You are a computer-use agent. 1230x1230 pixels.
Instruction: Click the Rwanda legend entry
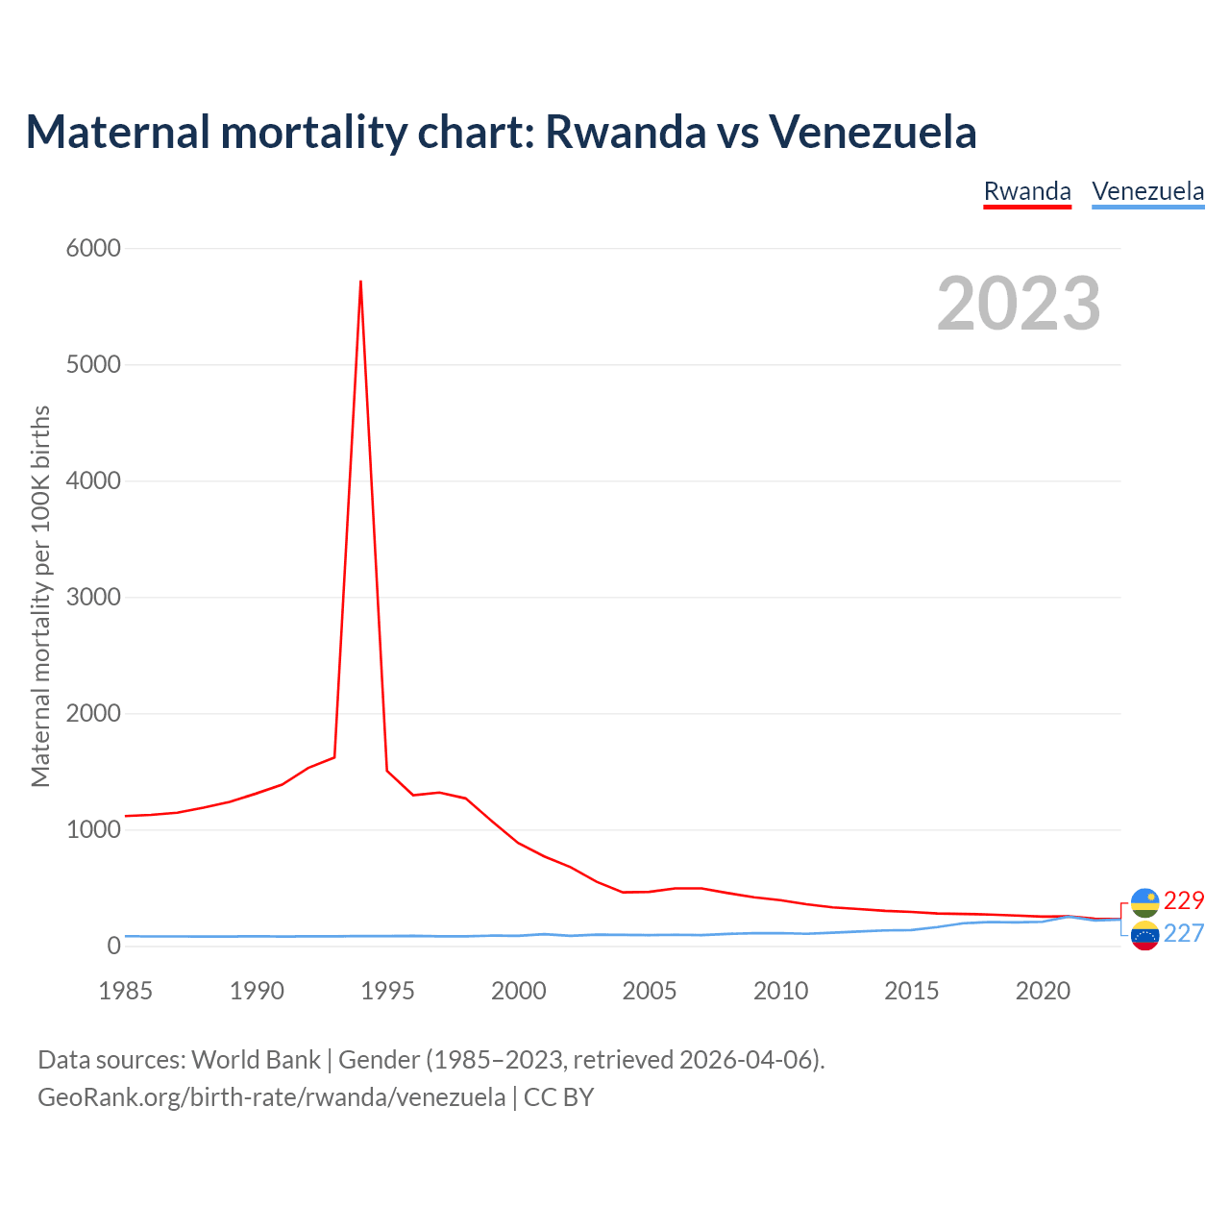coord(1027,191)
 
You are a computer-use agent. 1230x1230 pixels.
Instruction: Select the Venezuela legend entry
coord(1147,191)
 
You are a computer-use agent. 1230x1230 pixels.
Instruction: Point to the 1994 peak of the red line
coord(360,282)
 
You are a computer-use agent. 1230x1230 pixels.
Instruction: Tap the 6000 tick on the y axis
coord(93,249)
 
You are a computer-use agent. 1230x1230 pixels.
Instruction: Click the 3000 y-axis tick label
coord(93,598)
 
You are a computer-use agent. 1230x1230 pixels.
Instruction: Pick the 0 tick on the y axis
coord(114,947)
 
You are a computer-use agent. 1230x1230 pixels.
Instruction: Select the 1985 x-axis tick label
coord(125,991)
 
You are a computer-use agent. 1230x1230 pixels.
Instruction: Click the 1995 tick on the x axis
coord(387,991)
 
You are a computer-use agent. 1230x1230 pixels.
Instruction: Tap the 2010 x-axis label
coord(780,991)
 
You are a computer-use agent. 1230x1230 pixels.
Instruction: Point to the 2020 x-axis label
coord(1043,991)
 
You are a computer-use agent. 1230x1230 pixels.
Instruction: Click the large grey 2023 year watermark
coord(1019,304)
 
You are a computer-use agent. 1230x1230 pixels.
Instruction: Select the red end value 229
coord(1184,900)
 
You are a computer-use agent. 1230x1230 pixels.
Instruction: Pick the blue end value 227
coord(1184,933)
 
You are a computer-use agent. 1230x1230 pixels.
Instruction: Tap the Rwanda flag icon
coord(1145,902)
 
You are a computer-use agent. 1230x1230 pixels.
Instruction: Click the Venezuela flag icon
coord(1145,935)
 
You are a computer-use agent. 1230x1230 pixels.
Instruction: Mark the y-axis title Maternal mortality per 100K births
coord(40,596)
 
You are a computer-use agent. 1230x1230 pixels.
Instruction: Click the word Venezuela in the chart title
coord(873,132)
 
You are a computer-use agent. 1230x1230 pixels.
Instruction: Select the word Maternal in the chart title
coord(118,132)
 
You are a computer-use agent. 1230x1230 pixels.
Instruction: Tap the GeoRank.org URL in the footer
coord(271,1097)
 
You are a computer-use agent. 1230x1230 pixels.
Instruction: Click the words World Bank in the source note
coord(256,1060)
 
